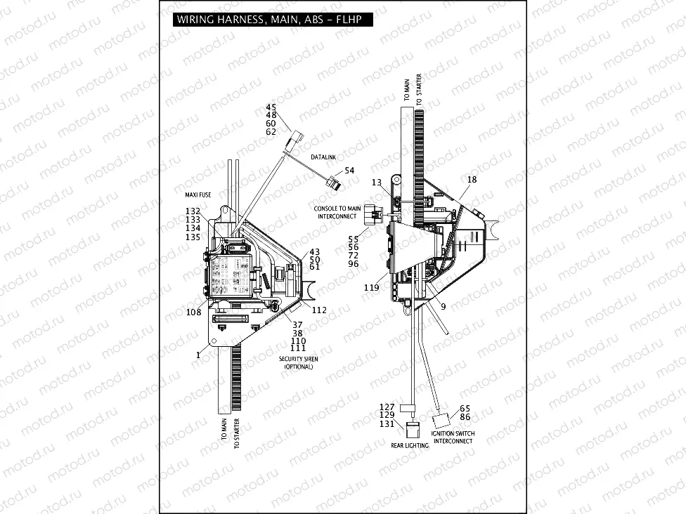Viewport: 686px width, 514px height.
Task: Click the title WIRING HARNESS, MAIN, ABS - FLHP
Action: [x=268, y=20]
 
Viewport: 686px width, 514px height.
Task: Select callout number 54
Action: [x=349, y=171]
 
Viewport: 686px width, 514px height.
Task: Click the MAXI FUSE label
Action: [x=194, y=195]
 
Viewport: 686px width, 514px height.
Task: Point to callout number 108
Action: [x=194, y=311]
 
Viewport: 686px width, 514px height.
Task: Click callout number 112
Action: [x=320, y=310]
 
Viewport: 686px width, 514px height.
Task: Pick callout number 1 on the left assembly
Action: [x=198, y=355]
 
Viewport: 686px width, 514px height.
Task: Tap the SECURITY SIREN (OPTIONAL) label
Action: [x=299, y=363]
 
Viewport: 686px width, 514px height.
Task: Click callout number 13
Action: [x=377, y=183]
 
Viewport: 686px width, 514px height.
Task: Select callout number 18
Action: [x=472, y=180]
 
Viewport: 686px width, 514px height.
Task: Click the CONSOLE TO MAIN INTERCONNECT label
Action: [x=338, y=212]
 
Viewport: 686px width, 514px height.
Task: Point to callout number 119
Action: [x=372, y=288]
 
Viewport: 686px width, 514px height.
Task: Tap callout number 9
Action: [x=442, y=306]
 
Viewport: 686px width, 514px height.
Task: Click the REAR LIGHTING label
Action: [x=410, y=445]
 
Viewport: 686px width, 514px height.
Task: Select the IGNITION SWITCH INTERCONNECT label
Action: [x=453, y=437]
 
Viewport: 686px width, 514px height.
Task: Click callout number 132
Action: [x=193, y=211]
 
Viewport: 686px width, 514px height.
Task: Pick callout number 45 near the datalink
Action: [x=271, y=107]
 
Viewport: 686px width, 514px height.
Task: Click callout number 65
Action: [x=465, y=408]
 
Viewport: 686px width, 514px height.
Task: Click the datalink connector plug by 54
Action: [x=335, y=185]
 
